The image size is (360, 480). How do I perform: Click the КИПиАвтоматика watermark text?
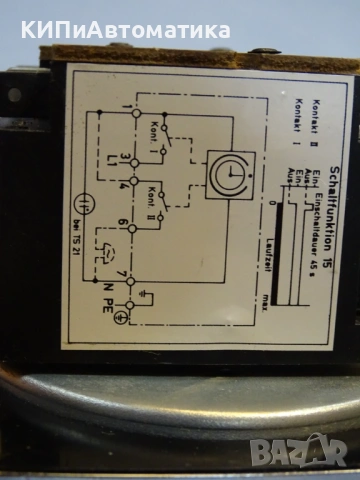point(125,30)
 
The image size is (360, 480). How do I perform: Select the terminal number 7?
point(122,272)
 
